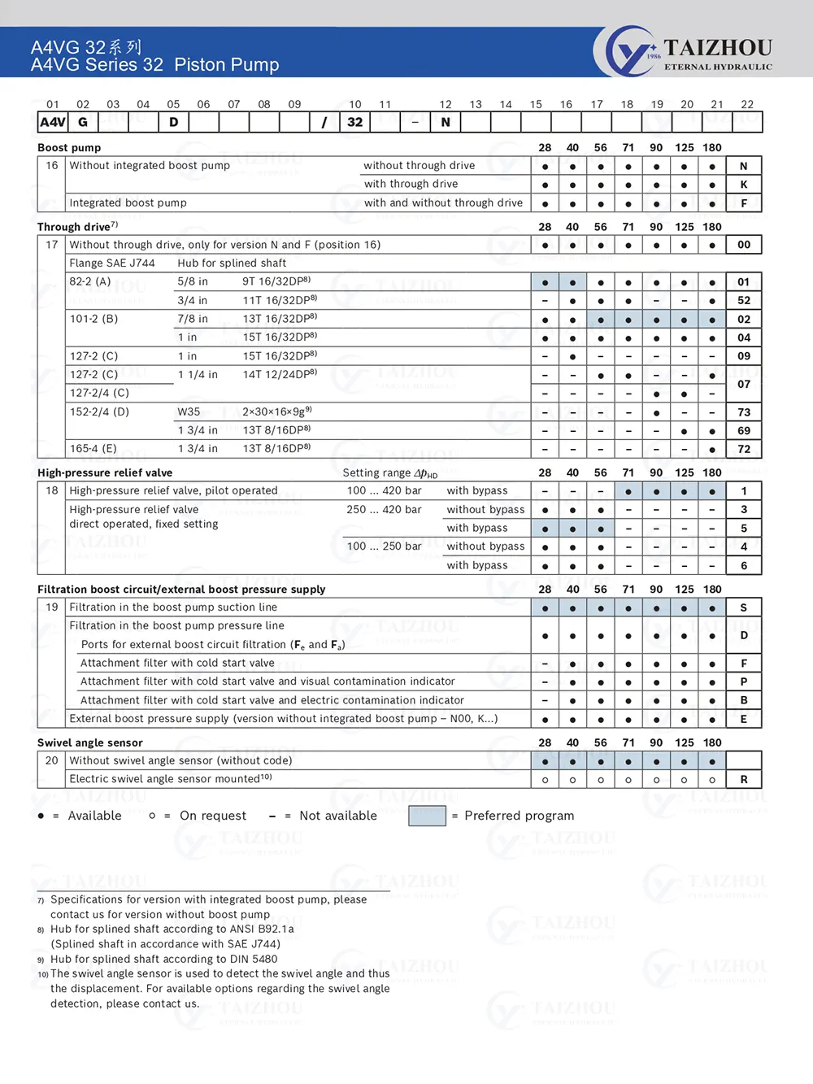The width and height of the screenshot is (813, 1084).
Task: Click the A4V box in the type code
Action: tap(53, 122)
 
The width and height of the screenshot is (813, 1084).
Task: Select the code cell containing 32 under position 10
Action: tap(355, 122)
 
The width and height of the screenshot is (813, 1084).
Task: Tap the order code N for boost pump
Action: tap(743, 166)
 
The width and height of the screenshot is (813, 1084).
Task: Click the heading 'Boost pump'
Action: tap(69, 148)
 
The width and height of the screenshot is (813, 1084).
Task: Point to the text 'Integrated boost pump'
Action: tap(128, 202)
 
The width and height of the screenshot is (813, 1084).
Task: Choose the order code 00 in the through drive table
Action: tap(743, 245)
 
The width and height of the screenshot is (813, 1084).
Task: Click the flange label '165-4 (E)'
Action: tap(93, 449)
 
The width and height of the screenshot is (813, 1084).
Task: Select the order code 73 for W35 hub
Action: tap(743, 412)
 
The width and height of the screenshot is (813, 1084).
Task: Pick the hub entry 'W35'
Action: tap(189, 412)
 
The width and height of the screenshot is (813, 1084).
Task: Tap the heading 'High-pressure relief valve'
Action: tap(105, 472)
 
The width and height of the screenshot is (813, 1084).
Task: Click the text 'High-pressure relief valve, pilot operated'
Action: tap(173, 491)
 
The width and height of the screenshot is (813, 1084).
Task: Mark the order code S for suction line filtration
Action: tap(743, 607)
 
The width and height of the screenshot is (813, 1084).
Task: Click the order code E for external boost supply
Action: tap(743, 719)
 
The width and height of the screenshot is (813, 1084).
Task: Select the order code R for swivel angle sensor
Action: tap(743, 779)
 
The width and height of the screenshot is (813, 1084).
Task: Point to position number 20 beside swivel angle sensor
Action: tap(52, 760)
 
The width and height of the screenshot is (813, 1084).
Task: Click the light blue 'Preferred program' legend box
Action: tap(427, 816)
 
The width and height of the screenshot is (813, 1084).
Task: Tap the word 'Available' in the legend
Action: tap(94, 816)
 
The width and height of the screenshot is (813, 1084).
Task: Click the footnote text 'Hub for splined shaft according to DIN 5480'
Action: tap(163, 959)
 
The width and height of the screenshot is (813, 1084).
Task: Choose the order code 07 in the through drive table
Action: tap(743, 384)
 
